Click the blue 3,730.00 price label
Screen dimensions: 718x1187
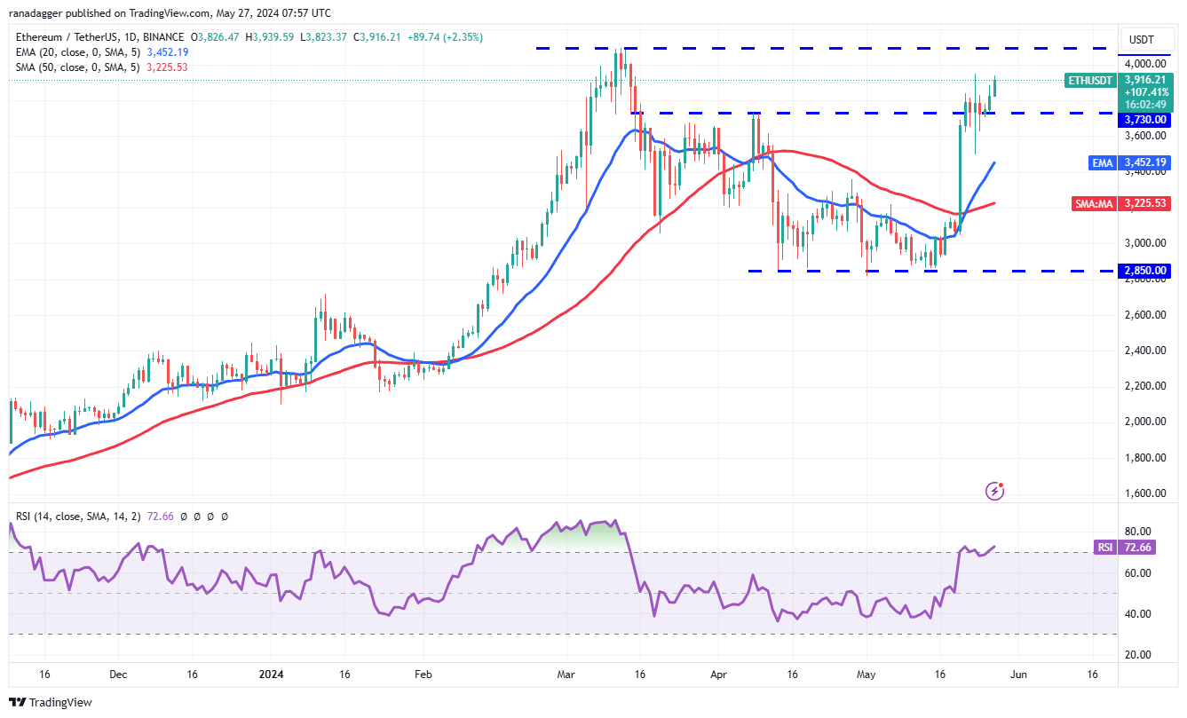[x=1144, y=119]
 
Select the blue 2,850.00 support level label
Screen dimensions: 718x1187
[x=1144, y=271]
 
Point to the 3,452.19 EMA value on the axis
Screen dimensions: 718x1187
[x=1144, y=162]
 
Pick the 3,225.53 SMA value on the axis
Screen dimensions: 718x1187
[x=1144, y=203]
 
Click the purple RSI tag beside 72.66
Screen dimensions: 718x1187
[x=1104, y=548]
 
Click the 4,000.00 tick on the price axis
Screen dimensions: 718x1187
[x=1144, y=64]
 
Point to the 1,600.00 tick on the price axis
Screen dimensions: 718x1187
[x=1144, y=493]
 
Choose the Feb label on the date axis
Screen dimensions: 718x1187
[x=423, y=675]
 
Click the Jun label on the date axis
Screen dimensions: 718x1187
[x=1019, y=675]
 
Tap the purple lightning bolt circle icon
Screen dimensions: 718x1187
[x=995, y=491]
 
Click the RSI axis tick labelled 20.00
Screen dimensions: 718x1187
[x=1144, y=655]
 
